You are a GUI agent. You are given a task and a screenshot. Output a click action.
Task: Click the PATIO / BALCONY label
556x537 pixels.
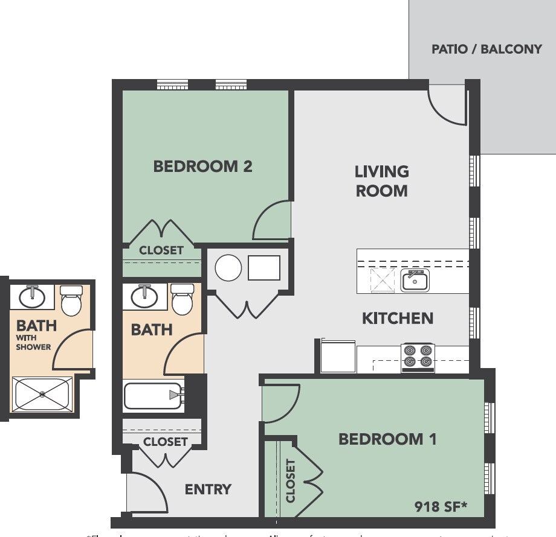pyautogui.click(x=486, y=49)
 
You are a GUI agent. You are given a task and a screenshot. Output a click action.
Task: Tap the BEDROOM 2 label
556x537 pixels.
pyautogui.click(x=202, y=167)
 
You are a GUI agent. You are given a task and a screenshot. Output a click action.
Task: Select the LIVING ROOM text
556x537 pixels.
pyautogui.click(x=381, y=181)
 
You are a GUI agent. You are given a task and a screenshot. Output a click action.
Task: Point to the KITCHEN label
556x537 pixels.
pyautogui.click(x=398, y=318)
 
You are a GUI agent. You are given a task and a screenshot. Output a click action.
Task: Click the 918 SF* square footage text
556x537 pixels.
pyautogui.click(x=441, y=506)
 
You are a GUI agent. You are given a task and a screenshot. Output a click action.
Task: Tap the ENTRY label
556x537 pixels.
pyautogui.click(x=208, y=489)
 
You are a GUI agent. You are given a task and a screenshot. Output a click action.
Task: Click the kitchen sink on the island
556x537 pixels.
pyautogui.click(x=415, y=281)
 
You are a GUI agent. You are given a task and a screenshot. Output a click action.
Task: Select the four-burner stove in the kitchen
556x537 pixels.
pyautogui.click(x=418, y=356)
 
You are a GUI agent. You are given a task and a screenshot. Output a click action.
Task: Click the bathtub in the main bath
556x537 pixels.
pyautogui.click(x=153, y=396)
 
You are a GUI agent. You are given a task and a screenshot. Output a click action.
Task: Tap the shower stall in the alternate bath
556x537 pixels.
pyautogui.click(x=42, y=395)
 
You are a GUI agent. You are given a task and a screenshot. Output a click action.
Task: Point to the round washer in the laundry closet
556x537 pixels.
pyautogui.click(x=228, y=267)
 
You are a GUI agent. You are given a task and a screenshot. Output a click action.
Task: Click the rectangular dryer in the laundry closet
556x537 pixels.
pyautogui.click(x=264, y=268)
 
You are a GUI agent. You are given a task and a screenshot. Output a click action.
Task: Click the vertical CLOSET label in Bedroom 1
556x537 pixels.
pyautogui.click(x=291, y=481)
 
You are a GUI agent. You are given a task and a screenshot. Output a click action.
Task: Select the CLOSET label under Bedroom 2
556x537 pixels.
pyautogui.click(x=161, y=250)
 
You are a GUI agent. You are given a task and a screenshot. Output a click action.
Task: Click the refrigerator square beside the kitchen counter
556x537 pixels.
pyautogui.click(x=338, y=357)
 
